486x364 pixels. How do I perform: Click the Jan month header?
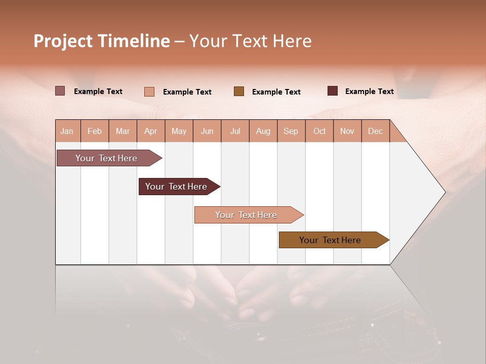tap(67, 131)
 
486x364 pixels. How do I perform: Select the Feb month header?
tap(95, 131)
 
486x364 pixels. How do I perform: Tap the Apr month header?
tap(150, 131)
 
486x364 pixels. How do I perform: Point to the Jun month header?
tap(207, 131)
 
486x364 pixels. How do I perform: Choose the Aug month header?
tap(263, 131)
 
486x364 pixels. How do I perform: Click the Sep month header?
tap(291, 131)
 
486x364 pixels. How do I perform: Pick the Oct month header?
tap(319, 131)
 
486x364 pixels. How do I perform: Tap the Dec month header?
tap(375, 131)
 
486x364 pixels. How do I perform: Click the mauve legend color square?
tap(60, 91)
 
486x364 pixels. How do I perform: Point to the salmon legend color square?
tap(149, 92)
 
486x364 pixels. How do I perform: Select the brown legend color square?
tap(239, 91)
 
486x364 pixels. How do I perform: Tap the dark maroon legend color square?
tap(333, 91)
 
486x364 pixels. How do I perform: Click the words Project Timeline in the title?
tap(101, 41)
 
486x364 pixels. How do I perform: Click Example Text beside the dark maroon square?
tap(369, 92)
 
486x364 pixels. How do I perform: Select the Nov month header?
tap(347, 131)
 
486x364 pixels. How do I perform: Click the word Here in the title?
tap(292, 41)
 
